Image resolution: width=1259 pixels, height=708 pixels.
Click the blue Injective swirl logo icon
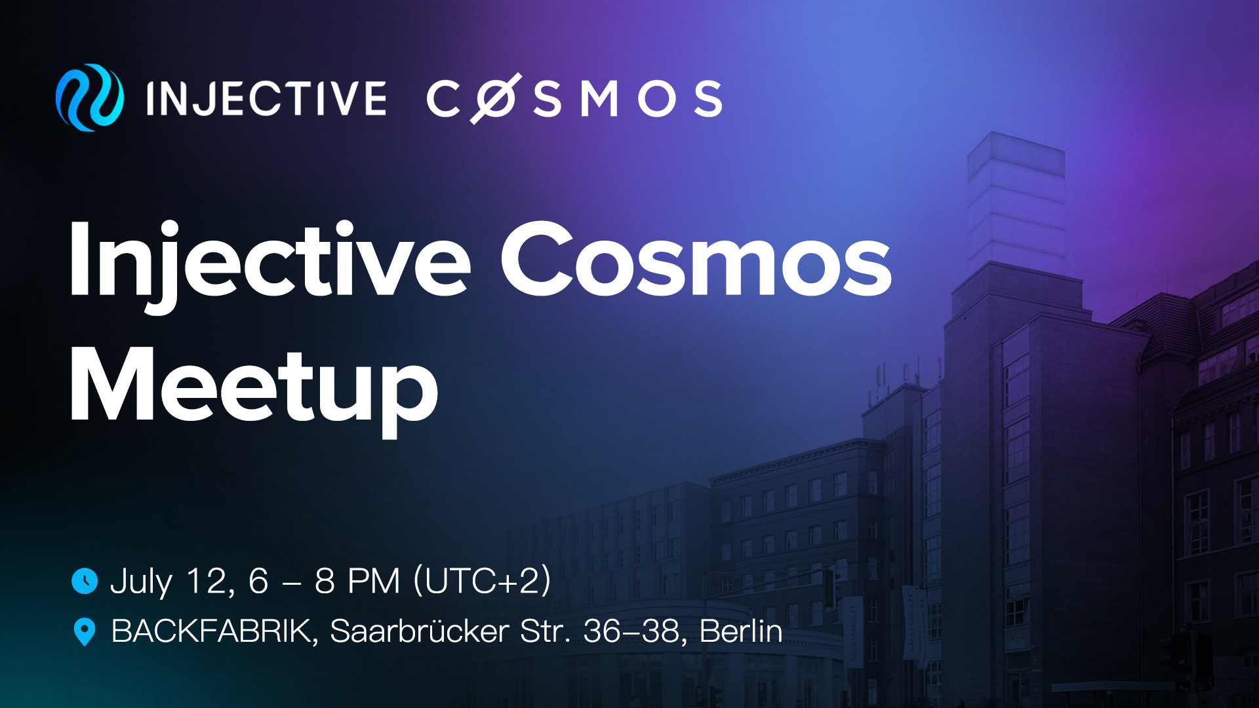click(x=90, y=98)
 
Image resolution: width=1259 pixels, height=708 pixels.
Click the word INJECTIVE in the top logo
click(x=266, y=99)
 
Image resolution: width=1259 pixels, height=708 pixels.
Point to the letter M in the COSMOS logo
click(x=599, y=99)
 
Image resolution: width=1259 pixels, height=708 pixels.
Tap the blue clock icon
click(x=85, y=581)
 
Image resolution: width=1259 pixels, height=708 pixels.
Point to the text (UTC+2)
click(x=482, y=581)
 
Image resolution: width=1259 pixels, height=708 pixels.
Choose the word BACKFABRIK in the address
click(x=214, y=632)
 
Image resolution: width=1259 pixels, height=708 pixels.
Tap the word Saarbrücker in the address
click(x=420, y=631)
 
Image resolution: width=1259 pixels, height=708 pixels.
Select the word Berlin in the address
click(x=741, y=631)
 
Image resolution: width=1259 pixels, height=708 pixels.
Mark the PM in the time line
click(x=374, y=581)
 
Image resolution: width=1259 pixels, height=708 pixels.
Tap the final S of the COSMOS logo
click(x=708, y=99)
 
